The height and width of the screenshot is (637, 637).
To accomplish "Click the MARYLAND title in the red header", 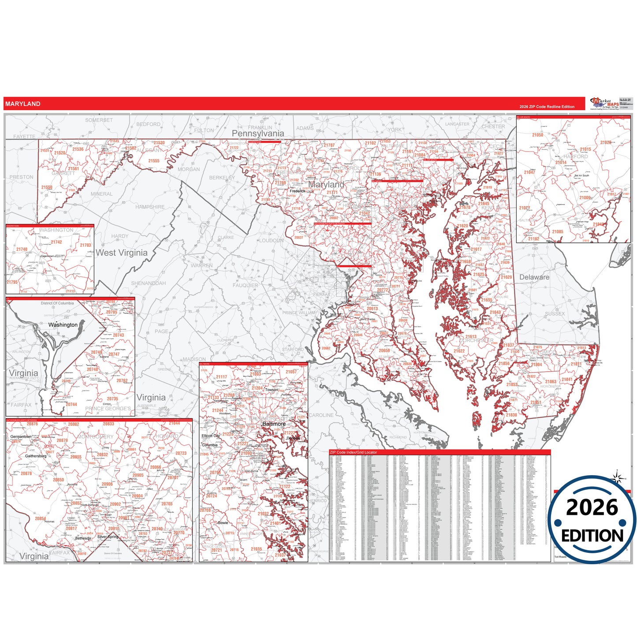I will point(23,104).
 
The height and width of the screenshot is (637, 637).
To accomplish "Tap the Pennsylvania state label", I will point(258,134).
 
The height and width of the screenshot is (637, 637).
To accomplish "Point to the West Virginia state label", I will point(122,253).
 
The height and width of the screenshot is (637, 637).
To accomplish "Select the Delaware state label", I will point(534,277).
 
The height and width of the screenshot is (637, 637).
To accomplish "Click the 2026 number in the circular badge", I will point(592,507).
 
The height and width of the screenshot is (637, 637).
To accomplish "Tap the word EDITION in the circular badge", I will point(592,536).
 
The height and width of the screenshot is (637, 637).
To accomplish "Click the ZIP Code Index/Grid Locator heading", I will point(354,452).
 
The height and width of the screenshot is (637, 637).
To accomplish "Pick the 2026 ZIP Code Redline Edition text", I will point(547,107).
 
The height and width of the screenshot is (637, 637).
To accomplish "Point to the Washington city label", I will point(63,325).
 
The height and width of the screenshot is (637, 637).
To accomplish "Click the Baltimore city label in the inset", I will point(274,424).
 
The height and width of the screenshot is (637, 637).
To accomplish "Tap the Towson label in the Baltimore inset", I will point(272,390).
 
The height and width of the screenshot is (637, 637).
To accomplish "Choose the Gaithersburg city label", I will point(36,456).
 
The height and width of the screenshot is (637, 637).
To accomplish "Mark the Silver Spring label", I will point(108,537).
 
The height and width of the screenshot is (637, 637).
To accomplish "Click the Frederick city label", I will point(298,191).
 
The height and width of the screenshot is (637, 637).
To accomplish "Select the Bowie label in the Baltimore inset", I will point(223,523).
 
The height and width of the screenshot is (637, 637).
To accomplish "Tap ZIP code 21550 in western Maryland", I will point(47,187).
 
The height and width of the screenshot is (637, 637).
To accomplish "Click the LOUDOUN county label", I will point(271,241).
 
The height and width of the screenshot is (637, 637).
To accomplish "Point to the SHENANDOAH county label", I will point(149,283).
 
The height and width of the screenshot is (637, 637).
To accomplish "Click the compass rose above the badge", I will point(618,477).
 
